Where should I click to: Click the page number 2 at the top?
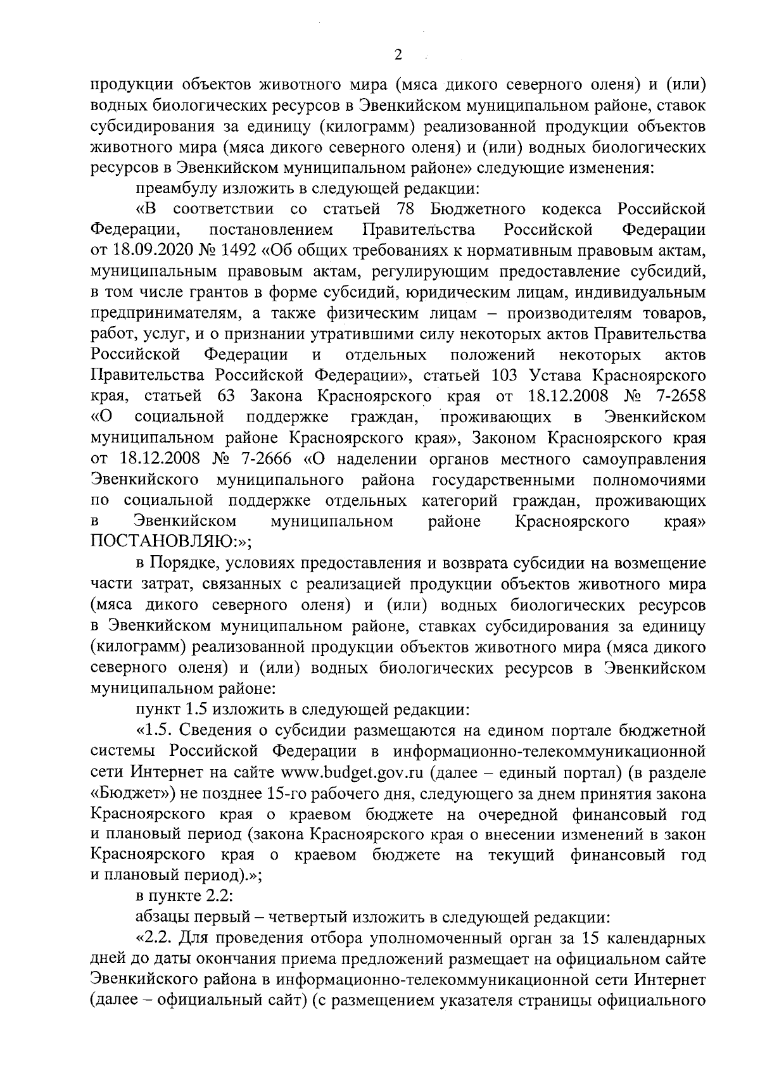[x=398, y=55]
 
